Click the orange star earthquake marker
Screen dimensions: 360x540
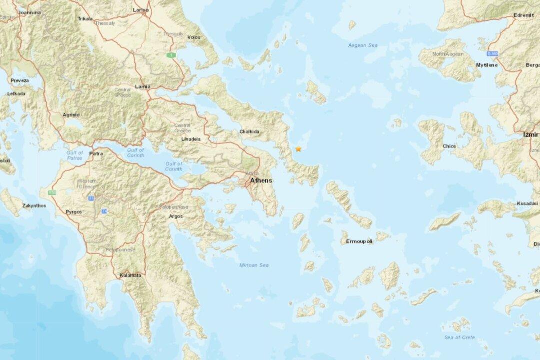(298, 149)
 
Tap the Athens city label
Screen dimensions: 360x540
(261, 180)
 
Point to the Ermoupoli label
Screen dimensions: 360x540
(359, 241)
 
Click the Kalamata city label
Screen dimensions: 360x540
(130, 275)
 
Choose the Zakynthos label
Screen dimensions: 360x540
(34, 205)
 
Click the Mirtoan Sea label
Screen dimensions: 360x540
(254, 265)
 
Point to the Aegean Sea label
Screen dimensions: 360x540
(363, 46)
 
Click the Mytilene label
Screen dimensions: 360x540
(487, 65)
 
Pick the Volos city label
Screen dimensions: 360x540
(193, 37)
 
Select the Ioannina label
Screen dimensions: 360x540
(30, 13)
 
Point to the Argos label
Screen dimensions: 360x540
(176, 216)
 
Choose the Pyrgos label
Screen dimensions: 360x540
(73, 212)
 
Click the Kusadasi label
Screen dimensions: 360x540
(527, 204)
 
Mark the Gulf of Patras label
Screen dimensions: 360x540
(75, 155)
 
